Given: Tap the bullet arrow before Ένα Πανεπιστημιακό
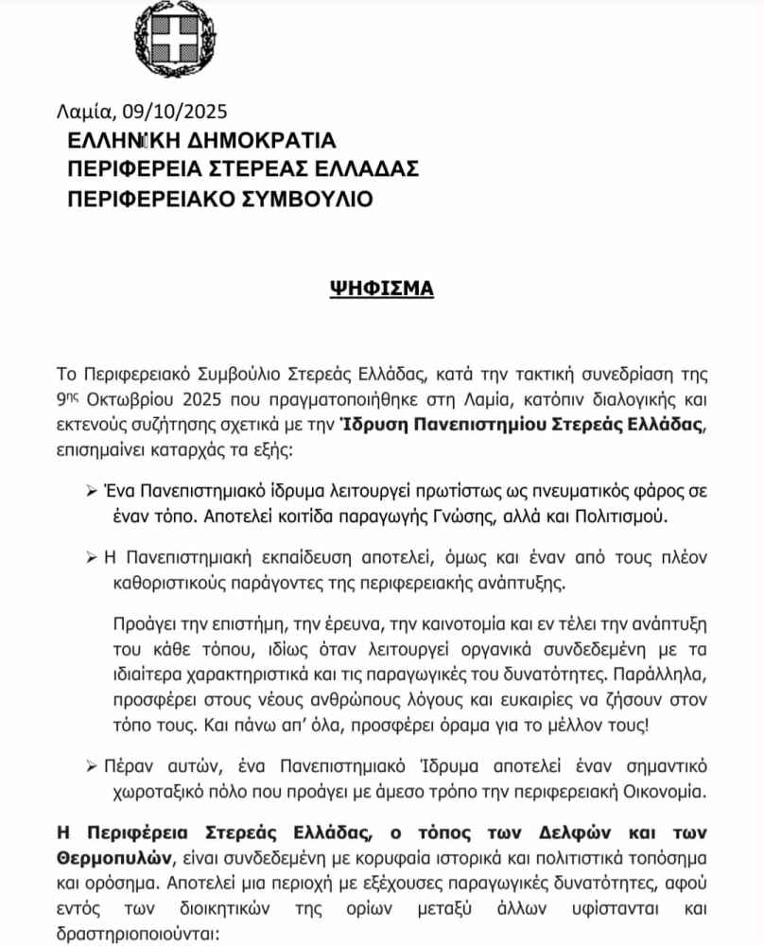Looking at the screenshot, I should pyautogui.click(x=93, y=494).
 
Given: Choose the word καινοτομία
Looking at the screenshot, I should pyautogui.click(x=453, y=628).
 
